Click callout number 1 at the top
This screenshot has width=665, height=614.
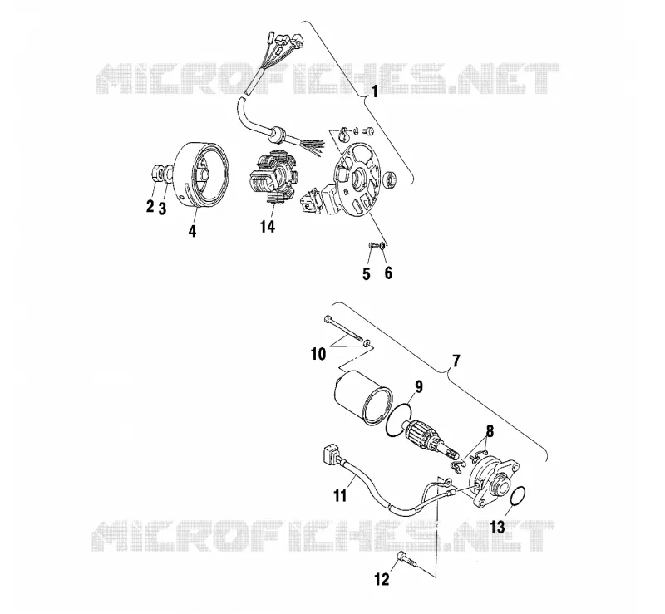pos(375,91)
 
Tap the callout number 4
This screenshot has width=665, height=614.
pos(193,231)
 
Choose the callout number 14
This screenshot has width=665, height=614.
pos(268,227)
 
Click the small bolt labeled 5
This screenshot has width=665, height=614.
pos(371,245)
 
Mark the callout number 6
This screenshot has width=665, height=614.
pos(388,273)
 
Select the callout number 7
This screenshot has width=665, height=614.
pos(456,361)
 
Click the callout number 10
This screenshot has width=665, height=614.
pos(318,354)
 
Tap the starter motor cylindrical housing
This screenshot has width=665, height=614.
pos(363,397)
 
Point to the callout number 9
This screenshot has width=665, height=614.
pos(419,387)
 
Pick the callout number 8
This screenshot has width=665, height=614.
pos(490,432)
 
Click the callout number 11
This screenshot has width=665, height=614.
pos(340,495)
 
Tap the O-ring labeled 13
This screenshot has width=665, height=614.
pos(517,496)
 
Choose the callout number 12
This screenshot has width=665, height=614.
pos(382,579)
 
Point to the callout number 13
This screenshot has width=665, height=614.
pos(497,528)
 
